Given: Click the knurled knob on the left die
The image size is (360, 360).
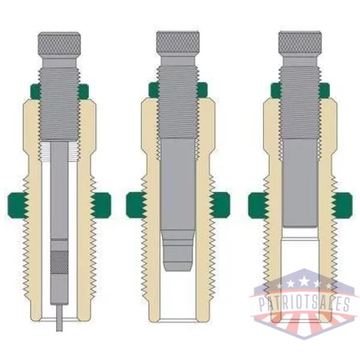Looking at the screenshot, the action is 59,44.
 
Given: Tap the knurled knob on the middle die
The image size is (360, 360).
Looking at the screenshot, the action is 178,43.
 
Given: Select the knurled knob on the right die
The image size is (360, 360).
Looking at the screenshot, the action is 300,43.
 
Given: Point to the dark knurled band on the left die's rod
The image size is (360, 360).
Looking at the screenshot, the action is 59,262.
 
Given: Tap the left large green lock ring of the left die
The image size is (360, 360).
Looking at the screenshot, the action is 18,205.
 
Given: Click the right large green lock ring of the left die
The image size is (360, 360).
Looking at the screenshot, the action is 101,205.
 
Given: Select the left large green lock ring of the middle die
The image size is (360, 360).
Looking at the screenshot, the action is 136,205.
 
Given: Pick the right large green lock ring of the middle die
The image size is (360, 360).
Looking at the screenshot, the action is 220,205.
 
